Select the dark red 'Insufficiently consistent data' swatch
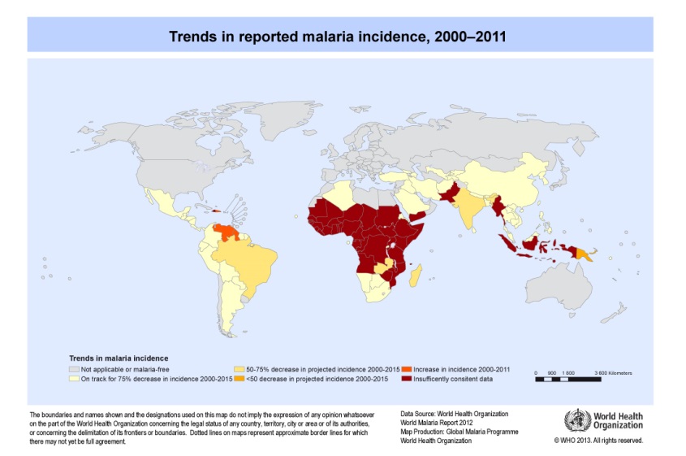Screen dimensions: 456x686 tap(408, 379)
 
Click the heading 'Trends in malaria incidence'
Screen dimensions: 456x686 tap(116, 358)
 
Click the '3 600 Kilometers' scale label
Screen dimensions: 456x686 tap(610, 372)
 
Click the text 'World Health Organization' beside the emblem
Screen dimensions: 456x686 tap(619, 420)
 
